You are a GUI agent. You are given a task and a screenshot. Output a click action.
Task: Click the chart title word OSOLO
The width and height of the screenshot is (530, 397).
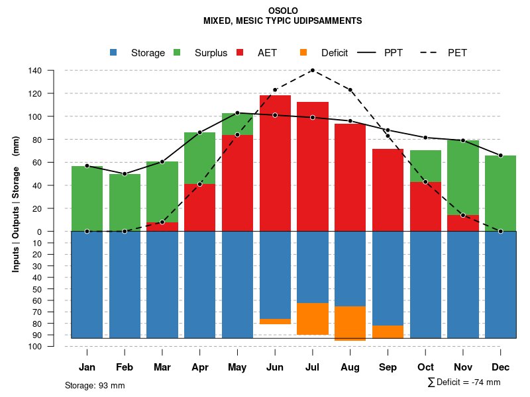284,11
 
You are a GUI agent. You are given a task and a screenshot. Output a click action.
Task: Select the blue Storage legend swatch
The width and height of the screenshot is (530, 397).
114,52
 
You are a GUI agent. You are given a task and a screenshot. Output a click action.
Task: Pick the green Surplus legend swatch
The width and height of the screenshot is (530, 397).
177,52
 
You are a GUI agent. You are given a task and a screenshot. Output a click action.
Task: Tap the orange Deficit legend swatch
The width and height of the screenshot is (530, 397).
303,52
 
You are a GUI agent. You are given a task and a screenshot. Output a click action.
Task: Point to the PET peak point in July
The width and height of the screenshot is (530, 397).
313,70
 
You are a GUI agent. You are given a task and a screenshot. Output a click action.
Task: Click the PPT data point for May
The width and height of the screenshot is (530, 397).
237,113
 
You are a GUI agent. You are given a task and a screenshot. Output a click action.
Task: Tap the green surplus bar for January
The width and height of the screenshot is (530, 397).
87,198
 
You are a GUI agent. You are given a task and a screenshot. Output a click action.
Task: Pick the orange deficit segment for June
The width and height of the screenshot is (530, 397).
275,322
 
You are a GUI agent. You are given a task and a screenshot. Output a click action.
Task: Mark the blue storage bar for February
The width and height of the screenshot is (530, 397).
125,285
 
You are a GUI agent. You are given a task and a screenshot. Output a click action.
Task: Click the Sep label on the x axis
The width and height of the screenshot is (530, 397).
388,367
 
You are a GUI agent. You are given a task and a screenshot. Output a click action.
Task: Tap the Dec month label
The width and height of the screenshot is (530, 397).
501,367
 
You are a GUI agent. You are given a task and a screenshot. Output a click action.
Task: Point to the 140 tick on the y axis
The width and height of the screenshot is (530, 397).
36,71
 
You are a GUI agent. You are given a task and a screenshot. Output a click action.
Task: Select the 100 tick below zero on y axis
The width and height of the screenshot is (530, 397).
36,347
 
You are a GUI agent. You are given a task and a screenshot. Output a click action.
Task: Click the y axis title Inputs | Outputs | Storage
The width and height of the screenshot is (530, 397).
16,208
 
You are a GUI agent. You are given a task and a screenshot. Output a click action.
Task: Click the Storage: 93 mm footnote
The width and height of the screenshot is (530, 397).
95,385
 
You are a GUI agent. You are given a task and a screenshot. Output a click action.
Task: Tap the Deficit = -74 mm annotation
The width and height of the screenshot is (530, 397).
464,382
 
